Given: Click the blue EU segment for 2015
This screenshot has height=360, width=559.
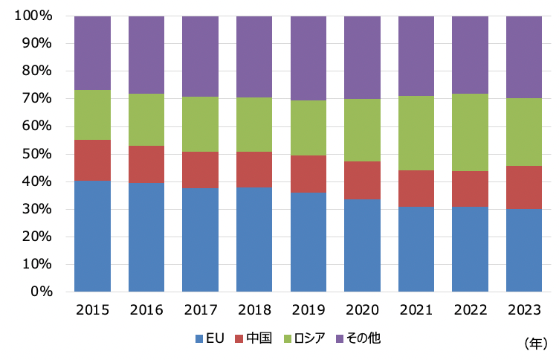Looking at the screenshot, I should pos(92,236).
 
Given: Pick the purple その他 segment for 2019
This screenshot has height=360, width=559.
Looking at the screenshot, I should pos(308,58).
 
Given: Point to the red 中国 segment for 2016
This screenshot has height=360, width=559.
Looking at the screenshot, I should pos(146,164).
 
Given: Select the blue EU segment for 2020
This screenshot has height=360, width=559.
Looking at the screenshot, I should pos(362,245).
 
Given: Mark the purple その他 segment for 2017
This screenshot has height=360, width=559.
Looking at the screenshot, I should pos(200,57).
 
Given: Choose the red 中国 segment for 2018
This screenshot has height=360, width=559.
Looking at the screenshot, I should pos(254,170).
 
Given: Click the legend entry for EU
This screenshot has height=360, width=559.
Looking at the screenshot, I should pos(211,338).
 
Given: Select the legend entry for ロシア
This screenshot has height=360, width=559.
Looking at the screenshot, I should pos(303,338).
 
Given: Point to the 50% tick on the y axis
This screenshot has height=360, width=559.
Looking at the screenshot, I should pos(36,154).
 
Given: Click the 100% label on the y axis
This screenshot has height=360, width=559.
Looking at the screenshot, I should pos(32,16).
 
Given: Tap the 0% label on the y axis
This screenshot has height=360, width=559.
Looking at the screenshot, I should pos(41,292).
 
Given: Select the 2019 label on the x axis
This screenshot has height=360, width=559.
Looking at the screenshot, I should pos(308,310).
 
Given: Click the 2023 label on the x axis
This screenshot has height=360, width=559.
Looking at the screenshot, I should pos(524,310).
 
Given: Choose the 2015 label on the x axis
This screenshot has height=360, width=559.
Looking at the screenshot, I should pos(92,310).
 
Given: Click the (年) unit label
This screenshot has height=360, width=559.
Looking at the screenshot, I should pos(534,344).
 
